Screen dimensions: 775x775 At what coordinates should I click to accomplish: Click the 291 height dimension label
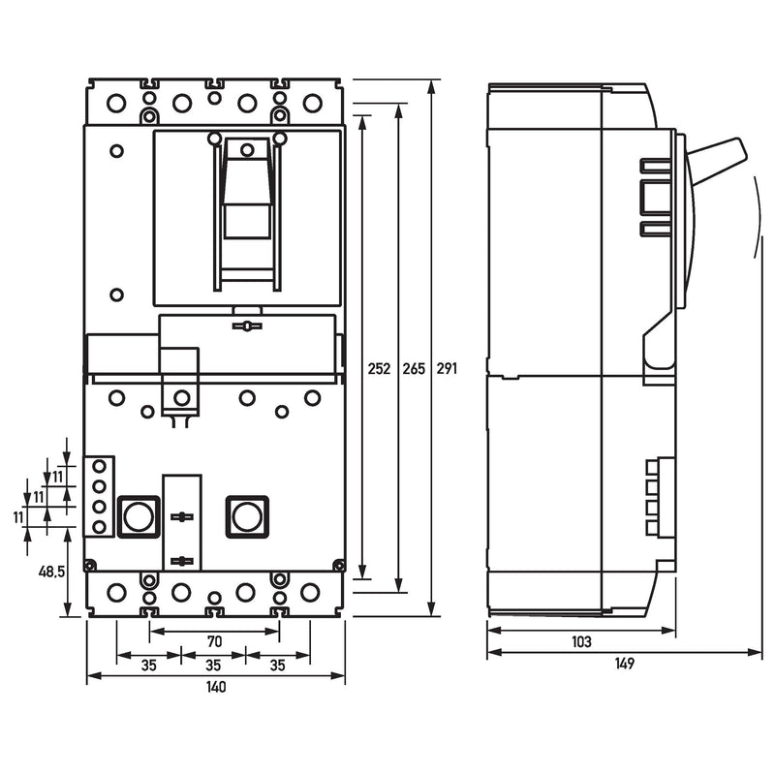(447, 368)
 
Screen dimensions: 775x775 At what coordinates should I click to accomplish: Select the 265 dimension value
(414, 368)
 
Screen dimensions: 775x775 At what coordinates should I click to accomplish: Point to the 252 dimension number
(379, 368)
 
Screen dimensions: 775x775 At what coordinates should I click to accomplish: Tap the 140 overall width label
(216, 687)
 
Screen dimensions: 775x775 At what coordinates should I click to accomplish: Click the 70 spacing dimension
(214, 641)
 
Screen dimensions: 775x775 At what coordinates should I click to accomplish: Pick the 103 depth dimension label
(581, 641)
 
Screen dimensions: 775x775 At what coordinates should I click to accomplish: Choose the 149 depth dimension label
(625, 664)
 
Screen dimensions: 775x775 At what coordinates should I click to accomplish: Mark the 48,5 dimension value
(52, 572)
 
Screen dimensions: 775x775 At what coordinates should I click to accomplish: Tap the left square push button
(139, 516)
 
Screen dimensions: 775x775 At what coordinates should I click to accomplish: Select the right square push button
(247, 516)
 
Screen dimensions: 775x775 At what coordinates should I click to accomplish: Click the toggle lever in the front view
(247, 188)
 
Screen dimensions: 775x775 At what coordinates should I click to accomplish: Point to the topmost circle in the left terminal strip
(100, 466)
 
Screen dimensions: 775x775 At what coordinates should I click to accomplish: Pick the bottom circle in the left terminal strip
(100, 527)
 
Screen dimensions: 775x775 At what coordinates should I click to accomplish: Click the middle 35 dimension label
(213, 666)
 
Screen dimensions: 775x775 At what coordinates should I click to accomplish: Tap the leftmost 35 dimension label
(148, 666)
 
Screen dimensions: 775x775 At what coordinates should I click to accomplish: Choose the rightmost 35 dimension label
(278, 666)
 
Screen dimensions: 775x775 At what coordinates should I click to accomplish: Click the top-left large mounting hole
(116, 104)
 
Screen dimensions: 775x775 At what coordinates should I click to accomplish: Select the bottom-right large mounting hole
(310, 592)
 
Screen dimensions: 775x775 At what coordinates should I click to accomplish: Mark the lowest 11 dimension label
(18, 517)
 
